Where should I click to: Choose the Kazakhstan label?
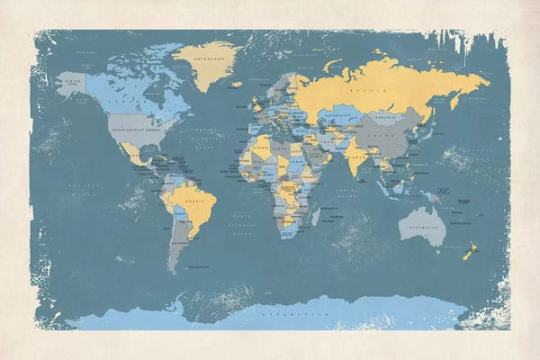[x=339, y=116]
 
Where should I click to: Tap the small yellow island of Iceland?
[x=236, y=85]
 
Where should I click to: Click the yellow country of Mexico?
[x=133, y=155]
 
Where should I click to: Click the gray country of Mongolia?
[x=387, y=118]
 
